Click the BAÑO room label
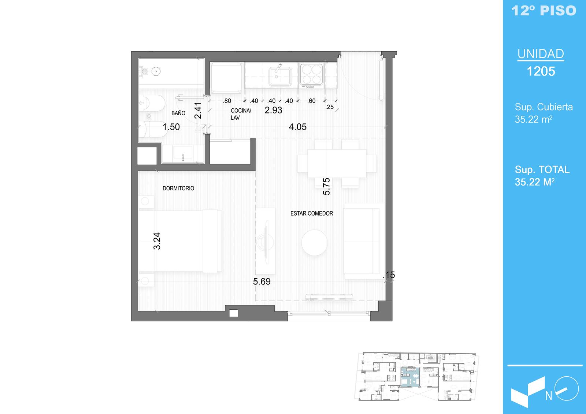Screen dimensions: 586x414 coord(178,113)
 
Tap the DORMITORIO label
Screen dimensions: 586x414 coord(178,188)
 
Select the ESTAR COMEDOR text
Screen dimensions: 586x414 coord(312,213)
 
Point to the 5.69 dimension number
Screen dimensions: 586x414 coord(262,281)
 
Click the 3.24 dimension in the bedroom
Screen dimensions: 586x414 coord(157,241)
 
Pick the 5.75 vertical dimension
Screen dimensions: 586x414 coord(326,186)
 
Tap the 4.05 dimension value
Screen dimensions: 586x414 coord(297,127)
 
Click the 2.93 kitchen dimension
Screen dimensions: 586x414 coord(273,110)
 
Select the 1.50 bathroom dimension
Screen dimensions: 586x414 coord(171,127)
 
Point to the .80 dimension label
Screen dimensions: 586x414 coord(227,101)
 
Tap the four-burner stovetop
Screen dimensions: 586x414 coord(311,74)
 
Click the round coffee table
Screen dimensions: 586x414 coord(314,242)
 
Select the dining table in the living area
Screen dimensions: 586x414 coord(337,164)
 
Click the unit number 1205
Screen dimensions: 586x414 coord(541,71)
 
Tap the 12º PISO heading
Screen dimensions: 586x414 coord(544,11)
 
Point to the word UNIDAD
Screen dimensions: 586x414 coord(541,54)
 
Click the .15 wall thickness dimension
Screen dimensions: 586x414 coord(389,275)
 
